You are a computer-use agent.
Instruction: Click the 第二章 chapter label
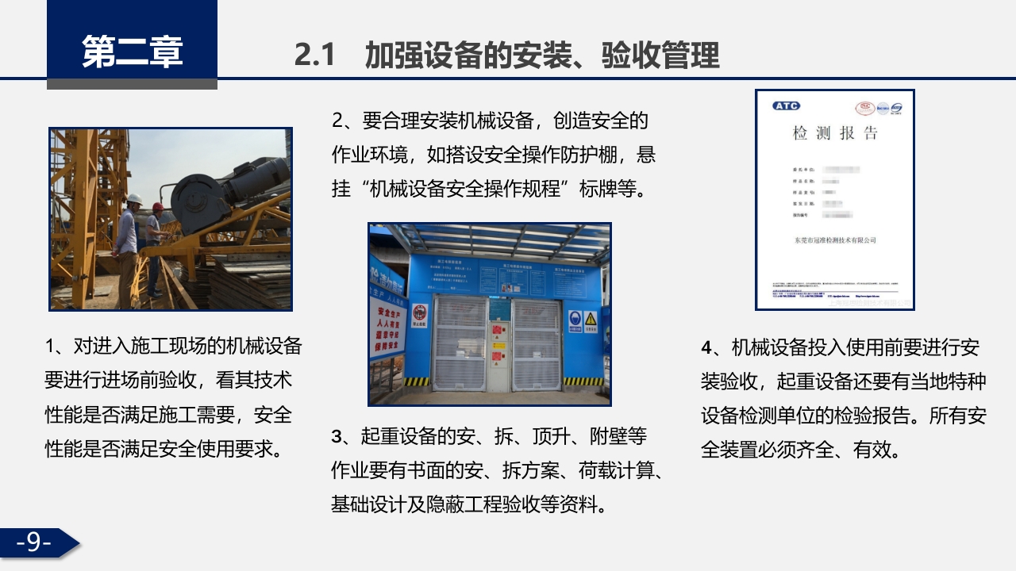tap(132, 52)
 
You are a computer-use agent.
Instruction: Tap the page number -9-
tap(33, 542)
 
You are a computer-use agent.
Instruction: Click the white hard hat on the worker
tap(135, 199)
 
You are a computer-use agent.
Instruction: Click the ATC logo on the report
tap(786, 105)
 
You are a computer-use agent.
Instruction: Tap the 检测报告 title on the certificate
tap(835, 133)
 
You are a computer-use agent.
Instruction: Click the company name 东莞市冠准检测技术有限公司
tap(834, 240)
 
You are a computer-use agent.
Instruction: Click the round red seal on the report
tap(864, 108)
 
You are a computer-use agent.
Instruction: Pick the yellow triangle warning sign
tap(591, 320)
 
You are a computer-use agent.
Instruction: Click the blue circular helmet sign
tap(575, 320)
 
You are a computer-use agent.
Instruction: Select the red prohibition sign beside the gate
tap(421, 312)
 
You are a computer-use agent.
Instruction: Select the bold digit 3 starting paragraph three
tap(337, 437)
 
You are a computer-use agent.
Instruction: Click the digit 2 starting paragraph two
tap(337, 121)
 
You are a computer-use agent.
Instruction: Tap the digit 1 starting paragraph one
tap(50, 347)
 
